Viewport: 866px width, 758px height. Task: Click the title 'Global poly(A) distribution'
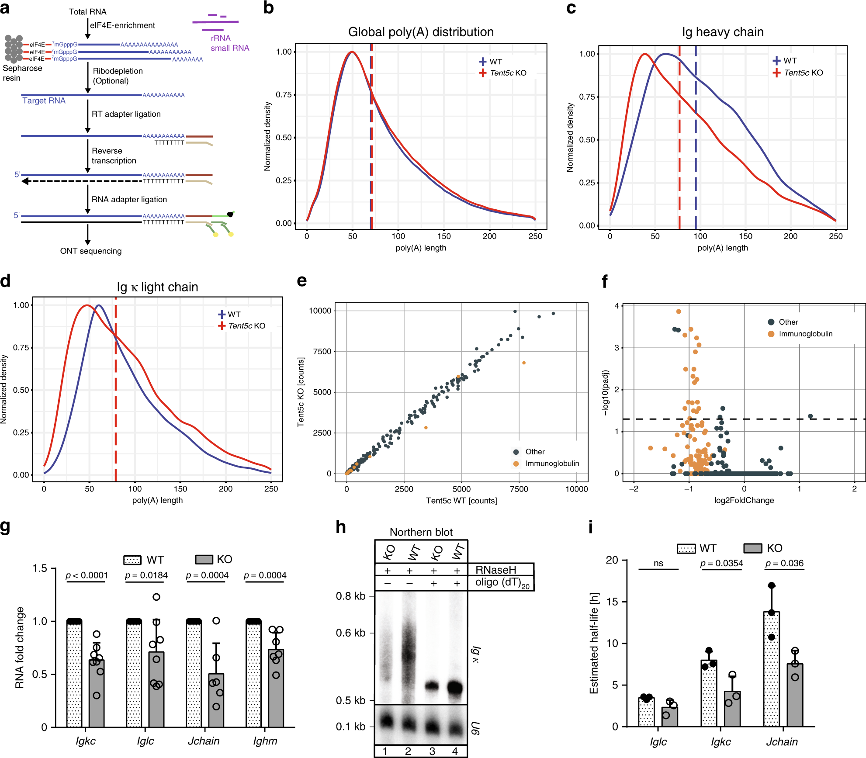(x=421, y=32)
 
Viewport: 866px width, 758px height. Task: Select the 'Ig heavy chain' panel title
(x=723, y=32)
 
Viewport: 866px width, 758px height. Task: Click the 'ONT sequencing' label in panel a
(x=91, y=251)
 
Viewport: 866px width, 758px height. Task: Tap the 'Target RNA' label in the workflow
(x=44, y=100)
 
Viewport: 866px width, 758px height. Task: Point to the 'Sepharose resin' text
(x=22, y=73)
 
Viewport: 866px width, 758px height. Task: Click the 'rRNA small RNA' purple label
(x=230, y=43)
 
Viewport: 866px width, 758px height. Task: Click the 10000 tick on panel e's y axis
(x=320, y=311)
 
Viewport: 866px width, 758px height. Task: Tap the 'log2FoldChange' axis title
(x=744, y=500)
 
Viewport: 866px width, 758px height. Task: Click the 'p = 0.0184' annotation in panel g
(x=146, y=575)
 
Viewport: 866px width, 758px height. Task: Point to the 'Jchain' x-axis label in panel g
(x=204, y=741)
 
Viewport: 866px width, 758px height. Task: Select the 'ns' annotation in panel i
(x=658, y=564)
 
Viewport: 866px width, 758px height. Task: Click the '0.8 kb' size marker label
(x=350, y=596)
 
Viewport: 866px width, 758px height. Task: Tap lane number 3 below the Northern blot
(x=432, y=751)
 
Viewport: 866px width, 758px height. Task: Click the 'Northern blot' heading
(x=421, y=532)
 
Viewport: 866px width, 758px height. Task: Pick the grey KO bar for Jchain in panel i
(x=795, y=695)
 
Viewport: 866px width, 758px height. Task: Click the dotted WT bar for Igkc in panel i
(x=709, y=693)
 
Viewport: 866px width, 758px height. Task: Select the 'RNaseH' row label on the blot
(x=496, y=570)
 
